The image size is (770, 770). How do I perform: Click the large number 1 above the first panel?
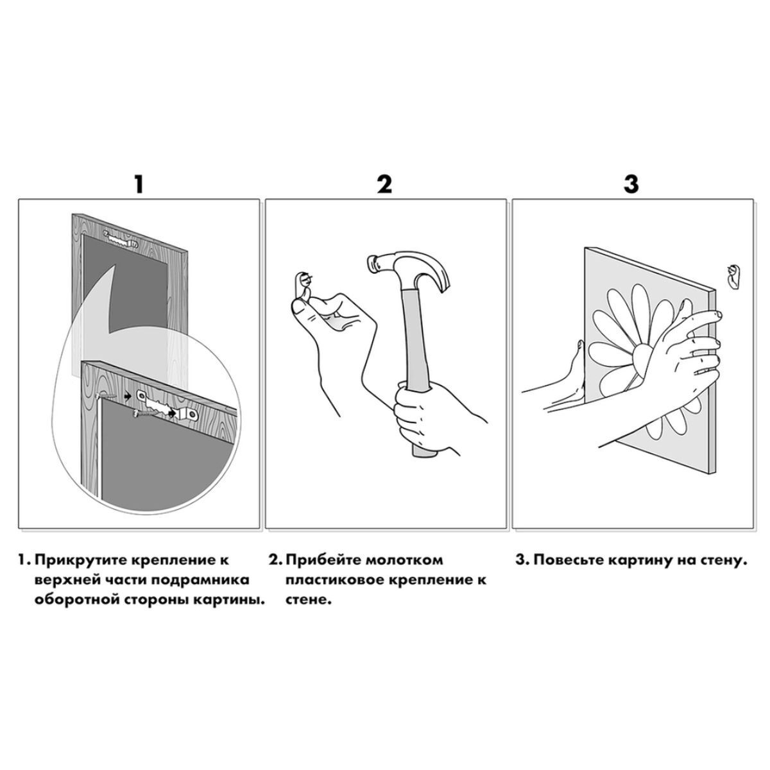pyautogui.click(x=138, y=184)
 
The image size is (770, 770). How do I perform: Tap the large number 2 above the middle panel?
pyautogui.click(x=385, y=184)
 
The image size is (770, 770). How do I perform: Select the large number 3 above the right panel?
pyautogui.click(x=631, y=184)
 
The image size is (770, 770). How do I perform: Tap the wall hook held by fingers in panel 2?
pyautogui.click(x=304, y=284)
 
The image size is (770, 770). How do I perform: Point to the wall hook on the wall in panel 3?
pyautogui.click(x=732, y=276)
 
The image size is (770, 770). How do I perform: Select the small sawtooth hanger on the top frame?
pyautogui.click(x=121, y=239)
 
